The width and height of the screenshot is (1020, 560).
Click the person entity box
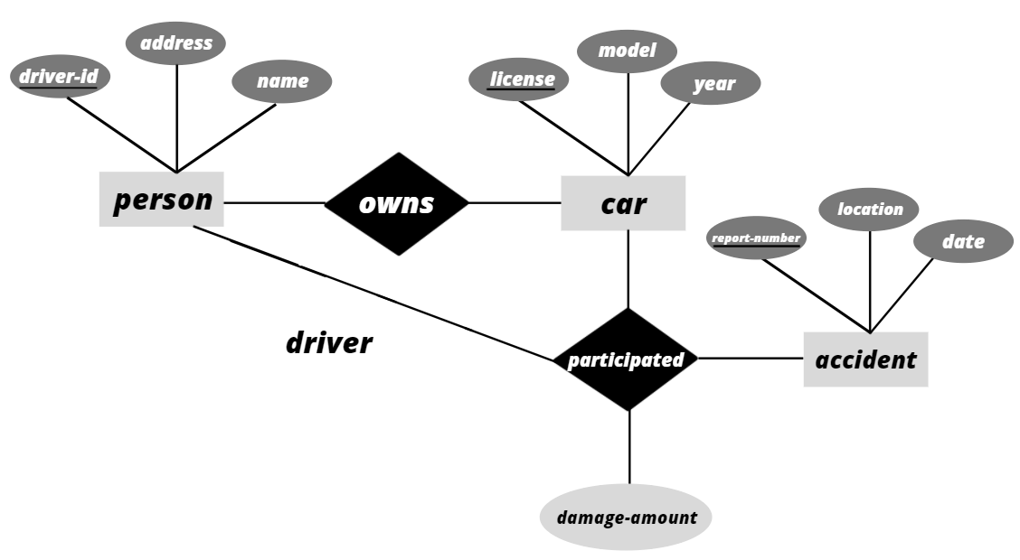pyautogui.click(x=162, y=200)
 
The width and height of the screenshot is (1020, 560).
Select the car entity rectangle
pyautogui.click(x=623, y=203)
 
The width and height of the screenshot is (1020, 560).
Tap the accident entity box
pyautogui.click(x=865, y=359)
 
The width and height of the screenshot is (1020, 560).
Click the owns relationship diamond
pyautogui.click(x=396, y=203)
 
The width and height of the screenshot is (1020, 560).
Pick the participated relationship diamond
pyautogui.click(x=626, y=359)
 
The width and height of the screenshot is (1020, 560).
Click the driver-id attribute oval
pyautogui.click(x=59, y=78)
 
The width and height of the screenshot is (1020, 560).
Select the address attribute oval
pyautogui.click(x=176, y=43)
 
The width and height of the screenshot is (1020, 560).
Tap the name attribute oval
pyautogui.click(x=282, y=81)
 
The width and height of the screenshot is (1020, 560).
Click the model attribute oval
pyautogui.click(x=627, y=50)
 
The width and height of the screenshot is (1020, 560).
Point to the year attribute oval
pyautogui.click(x=711, y=85)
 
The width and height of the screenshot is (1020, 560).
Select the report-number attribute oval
pyautogui.click(x=756, y=238)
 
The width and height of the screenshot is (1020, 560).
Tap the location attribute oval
pyautogui.click(x=869, y=209)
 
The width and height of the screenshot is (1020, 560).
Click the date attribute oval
pyautogui.click(x=963, y=241)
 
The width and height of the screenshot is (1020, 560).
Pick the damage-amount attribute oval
pyautogui.click(x=626, y=518)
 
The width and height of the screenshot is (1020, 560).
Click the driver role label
pyautogui.click(x=329, y=343)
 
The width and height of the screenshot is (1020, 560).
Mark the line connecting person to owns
pyautogui.click(x=274, y=202)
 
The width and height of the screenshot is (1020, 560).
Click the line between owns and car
pyautogui.click(x=515, y=202)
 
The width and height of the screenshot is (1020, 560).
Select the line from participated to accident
pyautogui.click(x=751, y=359)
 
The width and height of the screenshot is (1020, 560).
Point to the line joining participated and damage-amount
pyautogui.click(x=628, y=447)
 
